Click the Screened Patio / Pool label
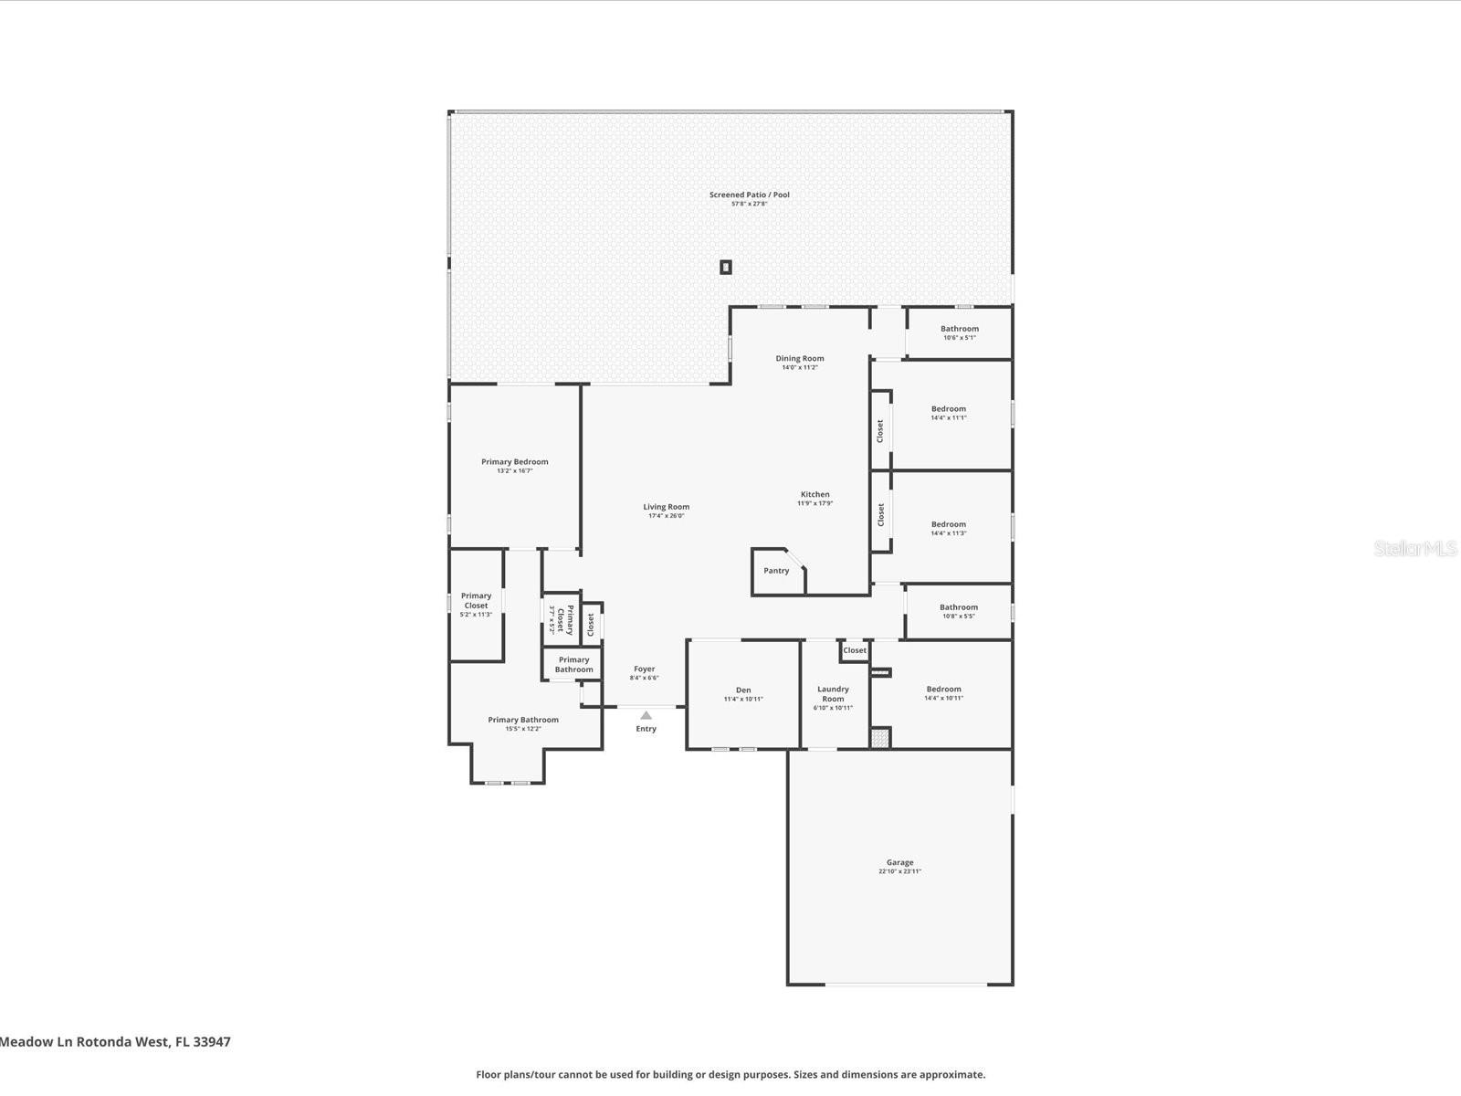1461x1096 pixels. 749,195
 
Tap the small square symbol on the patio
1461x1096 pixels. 726,268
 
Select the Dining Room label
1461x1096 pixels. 800,359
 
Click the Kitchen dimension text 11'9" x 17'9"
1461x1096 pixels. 815,503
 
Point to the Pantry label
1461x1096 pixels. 776,571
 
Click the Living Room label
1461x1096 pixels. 666,507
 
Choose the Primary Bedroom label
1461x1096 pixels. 515,462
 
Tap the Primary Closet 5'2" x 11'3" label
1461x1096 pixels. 476,605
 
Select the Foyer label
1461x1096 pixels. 644,669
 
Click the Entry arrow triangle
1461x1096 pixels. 646,715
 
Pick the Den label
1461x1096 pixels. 743,690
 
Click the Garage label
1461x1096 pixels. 899,862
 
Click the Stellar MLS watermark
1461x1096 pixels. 1415,549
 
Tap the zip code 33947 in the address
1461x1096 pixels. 212,1041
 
